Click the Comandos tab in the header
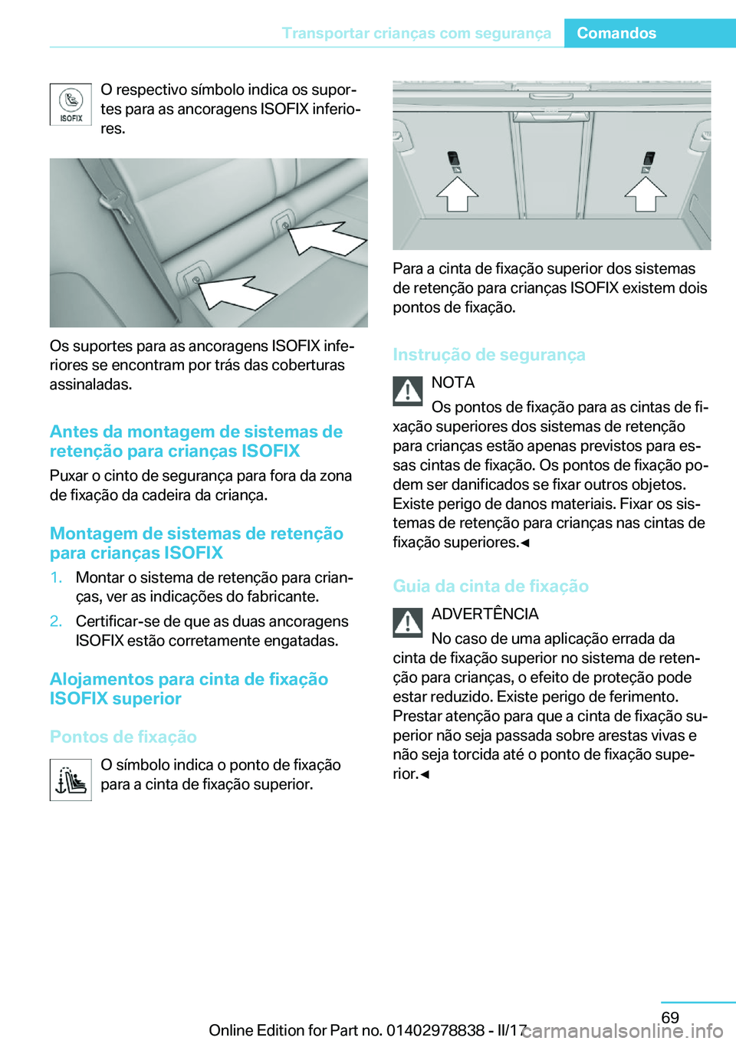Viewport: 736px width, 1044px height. click(x=616, y=33)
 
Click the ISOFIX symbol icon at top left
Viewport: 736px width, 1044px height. click(x=71, y=104)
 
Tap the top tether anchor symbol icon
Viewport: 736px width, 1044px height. click(x=71, y=780)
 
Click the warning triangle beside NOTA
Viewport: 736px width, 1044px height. click(x=408, y=391)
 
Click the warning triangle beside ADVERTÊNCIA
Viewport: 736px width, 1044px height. click(x=408, y=622)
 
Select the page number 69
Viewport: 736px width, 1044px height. click(x=670, y=1017)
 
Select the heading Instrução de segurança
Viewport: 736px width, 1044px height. click(x=489, y=355)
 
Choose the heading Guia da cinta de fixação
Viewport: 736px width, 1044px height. click(x=491, y=586)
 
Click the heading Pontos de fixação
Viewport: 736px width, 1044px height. click(x=123, y=737)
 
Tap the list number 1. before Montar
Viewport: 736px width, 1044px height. click(x=56, y=578)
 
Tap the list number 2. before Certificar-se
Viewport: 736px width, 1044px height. click(x=56, y=622)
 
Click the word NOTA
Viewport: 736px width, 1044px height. click(x=453, y=382)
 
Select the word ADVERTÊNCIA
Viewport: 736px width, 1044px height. click(x=485, y=614)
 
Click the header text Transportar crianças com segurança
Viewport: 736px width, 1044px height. click(x=416, y=33)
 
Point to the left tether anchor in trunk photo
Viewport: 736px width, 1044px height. click(x=453, y=159)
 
